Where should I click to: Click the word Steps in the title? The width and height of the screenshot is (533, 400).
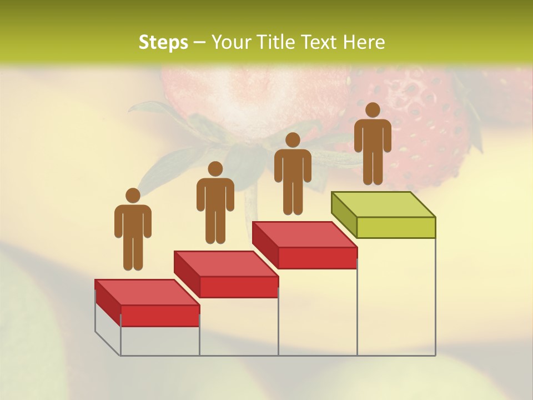[x=163, y=42]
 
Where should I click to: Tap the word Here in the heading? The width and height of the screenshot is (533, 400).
[x=364, y=42]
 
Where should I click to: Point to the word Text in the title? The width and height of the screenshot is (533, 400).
[x=320, y=42]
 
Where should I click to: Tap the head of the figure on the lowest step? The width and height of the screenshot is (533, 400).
[x=133, y=196]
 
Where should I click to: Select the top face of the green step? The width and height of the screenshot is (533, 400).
[x=383, y=204]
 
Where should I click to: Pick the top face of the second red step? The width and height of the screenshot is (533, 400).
[x=225, y=263]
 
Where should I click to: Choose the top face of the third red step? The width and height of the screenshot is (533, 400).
[x=304, y=234]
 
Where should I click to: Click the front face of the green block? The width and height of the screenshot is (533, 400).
[x=396, y=227]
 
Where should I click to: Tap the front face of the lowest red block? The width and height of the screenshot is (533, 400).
[x=160, y=316]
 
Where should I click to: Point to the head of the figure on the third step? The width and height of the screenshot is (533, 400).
[x=293, y=140]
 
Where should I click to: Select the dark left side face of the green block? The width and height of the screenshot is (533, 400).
[x=344, y=216]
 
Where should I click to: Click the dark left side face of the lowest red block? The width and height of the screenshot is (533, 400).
[x=108, y=303]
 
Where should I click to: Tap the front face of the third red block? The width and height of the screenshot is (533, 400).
[x=317, y=258]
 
